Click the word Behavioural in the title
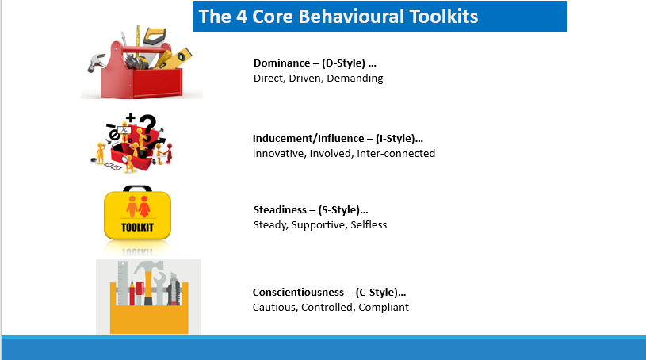(x=351, y=17)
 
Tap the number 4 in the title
(x=242, y=17)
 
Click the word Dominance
(x=282, y=63)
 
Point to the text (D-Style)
(x=343, y=63)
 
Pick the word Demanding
(x=355, y=79)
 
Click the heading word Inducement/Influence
(x=308, y=138)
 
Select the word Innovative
(x=278, y=153)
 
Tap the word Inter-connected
(x=396, y=153)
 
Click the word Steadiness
(x=280, y=209)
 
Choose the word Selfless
(x=369, y=224)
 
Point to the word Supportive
(x=319, y=225)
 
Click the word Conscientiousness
(x=298, y=293)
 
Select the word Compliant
(x=384, y=308)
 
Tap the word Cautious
(x=275, y=308)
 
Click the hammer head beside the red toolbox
(x=96, y=63)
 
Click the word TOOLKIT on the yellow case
(x=137, y=228)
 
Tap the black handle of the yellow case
(x=138, y=189)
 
